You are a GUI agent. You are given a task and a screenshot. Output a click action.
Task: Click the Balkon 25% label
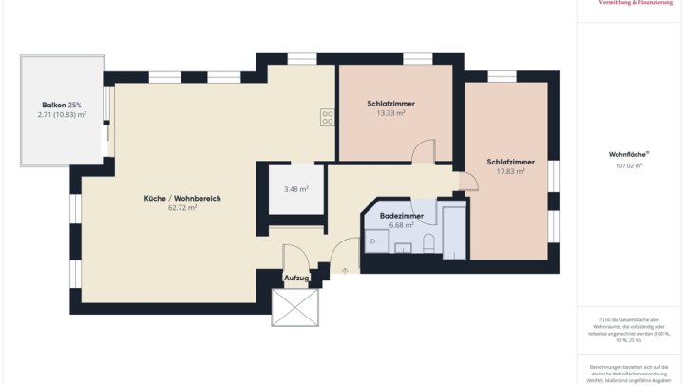pos(61,105)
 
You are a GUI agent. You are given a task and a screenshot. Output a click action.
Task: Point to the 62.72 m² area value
pos(182,207)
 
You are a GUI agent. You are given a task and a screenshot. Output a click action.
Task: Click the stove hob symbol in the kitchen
pos(327,118)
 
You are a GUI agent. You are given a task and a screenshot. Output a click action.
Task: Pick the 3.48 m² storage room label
pos(296,188)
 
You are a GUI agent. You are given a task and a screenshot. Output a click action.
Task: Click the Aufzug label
pos(296,278)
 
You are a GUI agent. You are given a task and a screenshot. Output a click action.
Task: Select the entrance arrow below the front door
pos(346,271)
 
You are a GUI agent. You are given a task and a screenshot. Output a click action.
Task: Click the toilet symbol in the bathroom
pos(428,243)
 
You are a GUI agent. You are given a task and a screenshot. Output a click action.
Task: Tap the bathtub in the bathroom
pos(454,233)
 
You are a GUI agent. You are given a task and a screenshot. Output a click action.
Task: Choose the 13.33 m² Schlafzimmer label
pos(390,112)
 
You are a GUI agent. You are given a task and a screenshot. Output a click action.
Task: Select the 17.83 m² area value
pos(510,171)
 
